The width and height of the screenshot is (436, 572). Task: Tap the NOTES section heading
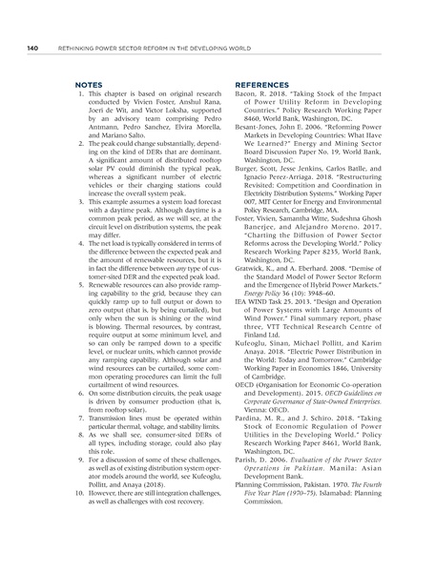point(88,84)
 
